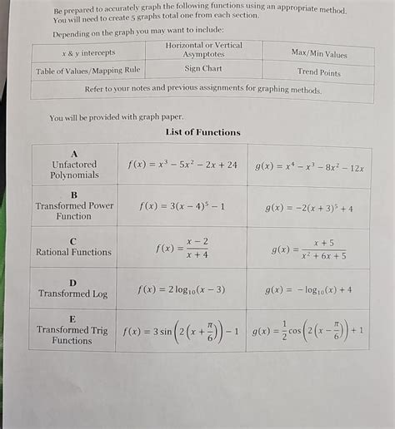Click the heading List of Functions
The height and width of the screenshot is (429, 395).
click(x=202, y=132)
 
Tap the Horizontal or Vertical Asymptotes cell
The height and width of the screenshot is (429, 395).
click(x=203, y=49)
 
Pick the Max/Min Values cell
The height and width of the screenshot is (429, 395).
click(x=319, y=53)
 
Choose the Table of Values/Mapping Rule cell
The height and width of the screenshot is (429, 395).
click(x=88, y=71)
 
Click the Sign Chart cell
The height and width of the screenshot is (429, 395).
click(x=203, y=68)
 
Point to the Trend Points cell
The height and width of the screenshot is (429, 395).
click(x=319, y=71)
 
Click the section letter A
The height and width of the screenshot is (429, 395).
click(x=74, y=154)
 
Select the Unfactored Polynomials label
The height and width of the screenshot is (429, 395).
click(x=74, y=170)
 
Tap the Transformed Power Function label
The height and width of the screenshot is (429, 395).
click(x=74, y=205)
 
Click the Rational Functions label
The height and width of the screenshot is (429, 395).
click(x=73, y=252)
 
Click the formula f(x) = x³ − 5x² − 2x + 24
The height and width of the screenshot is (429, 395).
click(x=182, y=165)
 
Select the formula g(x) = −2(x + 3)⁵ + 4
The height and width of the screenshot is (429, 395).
click(x=308, y=209)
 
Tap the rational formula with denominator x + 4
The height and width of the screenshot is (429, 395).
click(x=182, y=248)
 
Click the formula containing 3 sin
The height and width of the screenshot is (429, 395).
click(x=181, y=331)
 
